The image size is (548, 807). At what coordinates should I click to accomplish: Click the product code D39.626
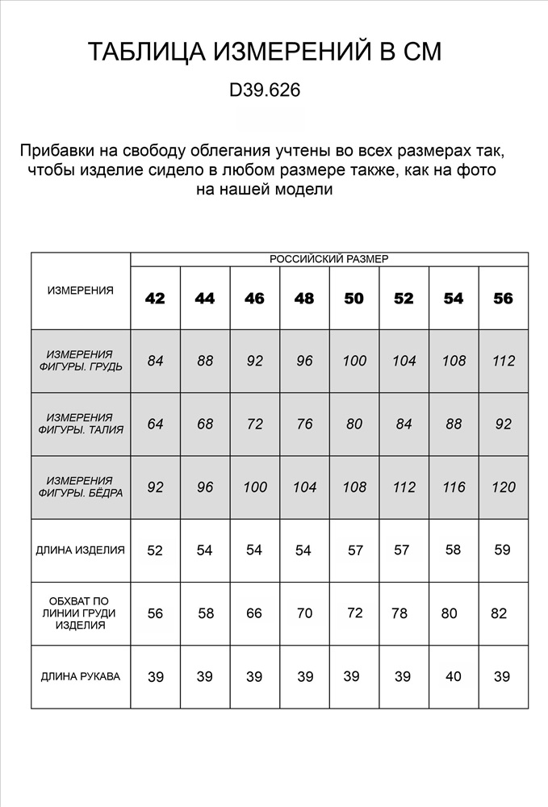pyautogui.click(x=265, y=91)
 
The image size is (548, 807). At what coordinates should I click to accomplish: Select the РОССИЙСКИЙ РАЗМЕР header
pyautogui.click(x=328, y=259)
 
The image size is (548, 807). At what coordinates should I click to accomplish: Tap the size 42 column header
pyautogui.click(x=155, y=299)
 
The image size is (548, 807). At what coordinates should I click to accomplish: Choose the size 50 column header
pyautogui.click(x=353, y=299)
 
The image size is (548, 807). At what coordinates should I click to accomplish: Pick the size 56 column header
pyautogui.click(x=503, y=299)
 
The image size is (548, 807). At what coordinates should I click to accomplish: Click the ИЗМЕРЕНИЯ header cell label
pyautogui.click(x=81, y=291)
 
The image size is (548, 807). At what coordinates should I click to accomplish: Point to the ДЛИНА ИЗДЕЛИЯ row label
pyautogui.click(x=81, y=550)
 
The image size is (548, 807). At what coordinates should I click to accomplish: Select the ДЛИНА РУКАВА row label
pyautogui.click(x=81, y=676)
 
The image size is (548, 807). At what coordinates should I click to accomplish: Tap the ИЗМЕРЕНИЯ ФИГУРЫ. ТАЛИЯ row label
pyautogui.click(x=81, y=424)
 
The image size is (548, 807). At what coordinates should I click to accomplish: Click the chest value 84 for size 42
pyautogui.click(x=155, y=361)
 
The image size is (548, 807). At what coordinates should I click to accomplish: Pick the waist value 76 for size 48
pyautogui.click(x=304, y=424)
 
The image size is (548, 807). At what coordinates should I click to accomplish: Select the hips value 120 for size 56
pyautogui.click(x=503, y=487)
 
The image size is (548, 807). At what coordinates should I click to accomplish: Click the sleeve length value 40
pyautogui.click(x=454, y=676)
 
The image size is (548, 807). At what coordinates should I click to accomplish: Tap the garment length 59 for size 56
pyautogui.click(x=502, y=550)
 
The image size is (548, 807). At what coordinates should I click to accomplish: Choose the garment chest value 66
pyautogui.click(x=254, y=613)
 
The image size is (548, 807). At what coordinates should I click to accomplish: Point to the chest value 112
pyautogui.click(x=503, y=361)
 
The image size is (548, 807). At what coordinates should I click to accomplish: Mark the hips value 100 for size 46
pyautogui.click(x=254, y=487)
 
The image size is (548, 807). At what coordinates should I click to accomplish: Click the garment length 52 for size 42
pyautogui.click(x=155, y=550)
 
